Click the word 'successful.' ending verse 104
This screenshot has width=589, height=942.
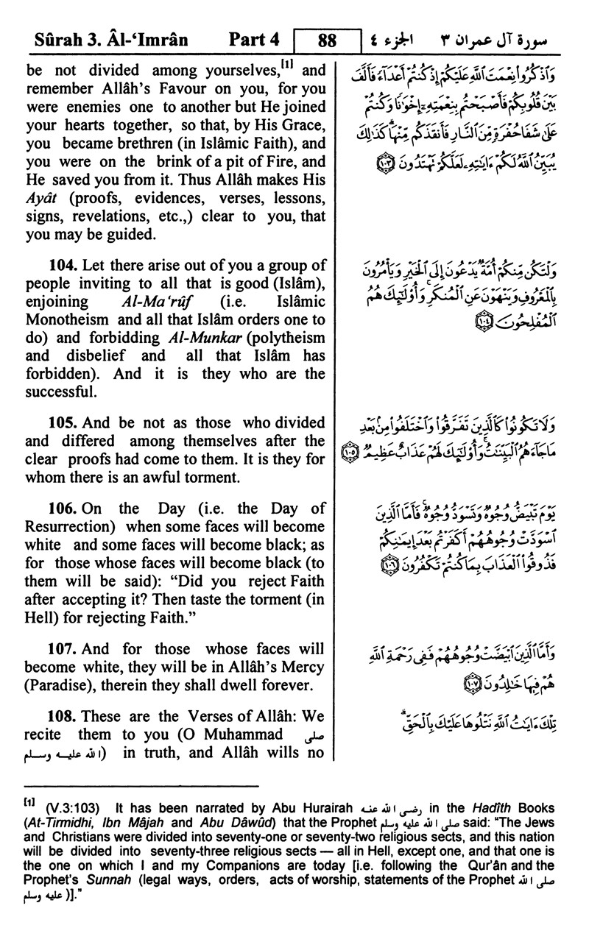60,392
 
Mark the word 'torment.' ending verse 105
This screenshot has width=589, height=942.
212,477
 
